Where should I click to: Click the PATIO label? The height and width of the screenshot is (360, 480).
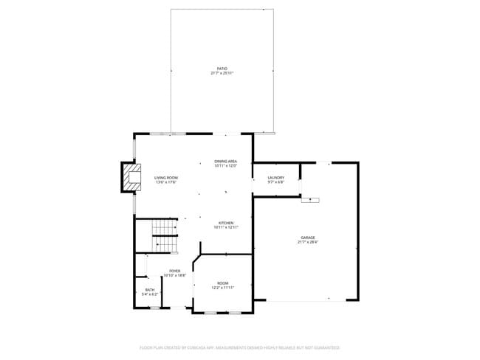tap(222, 68)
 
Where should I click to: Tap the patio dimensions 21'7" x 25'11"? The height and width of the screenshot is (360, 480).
tap(222, 73)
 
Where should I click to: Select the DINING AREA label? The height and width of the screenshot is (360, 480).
tap(225, 161)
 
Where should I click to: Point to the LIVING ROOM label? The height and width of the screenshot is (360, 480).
tap(165, 178)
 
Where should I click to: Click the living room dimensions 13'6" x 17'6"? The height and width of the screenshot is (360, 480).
tap(165, 182)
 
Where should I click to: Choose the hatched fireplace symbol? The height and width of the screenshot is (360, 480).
tap(131, 178)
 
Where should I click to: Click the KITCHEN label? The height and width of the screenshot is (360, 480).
tap(225, 223)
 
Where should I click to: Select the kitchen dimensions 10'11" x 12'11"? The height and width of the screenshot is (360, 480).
tap(225, 228)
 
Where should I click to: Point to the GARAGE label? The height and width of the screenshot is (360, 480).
tap(307, 237)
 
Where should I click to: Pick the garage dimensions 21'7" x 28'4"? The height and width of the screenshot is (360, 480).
tap(307, 242)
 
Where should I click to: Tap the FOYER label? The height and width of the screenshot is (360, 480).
tap(175, 271)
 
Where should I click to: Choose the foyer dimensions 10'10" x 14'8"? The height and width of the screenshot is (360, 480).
tap(175, 276)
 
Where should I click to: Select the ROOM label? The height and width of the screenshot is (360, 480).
tap(222, 283)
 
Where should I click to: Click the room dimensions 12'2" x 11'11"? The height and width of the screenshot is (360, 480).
tap(222, 288)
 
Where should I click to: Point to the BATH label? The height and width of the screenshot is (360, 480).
tap(150, 290)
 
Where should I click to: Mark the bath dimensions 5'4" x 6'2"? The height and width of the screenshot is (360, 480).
tap(150, 295)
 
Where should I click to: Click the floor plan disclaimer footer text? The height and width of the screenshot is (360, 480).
tap(239, 347)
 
